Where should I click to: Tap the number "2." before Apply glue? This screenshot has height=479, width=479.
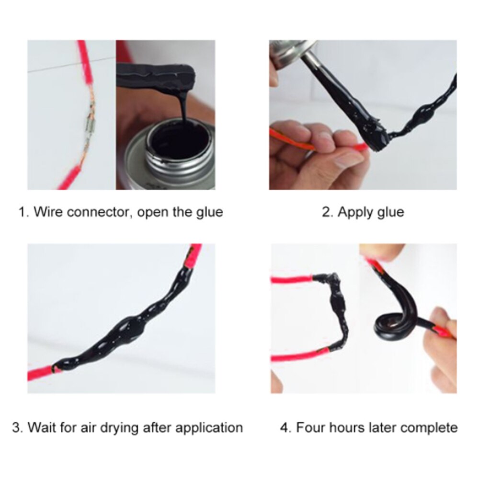pos(328,212)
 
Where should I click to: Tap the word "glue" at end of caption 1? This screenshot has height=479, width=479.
pos(209,212)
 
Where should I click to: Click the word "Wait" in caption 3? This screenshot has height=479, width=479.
pos(42,427)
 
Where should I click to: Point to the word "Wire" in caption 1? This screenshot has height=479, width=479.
pos(47,212)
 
